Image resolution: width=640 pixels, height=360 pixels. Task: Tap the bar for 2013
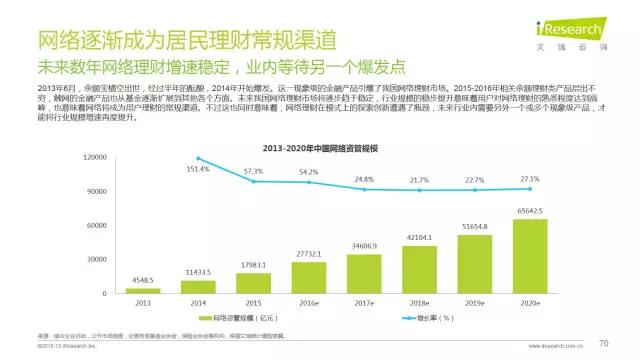pos(143,290)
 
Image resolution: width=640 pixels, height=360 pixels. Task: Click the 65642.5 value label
pos(530,211)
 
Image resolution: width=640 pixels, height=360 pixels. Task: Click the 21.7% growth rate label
pos(419,180)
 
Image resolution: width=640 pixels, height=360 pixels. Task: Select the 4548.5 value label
pos(142,279)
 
